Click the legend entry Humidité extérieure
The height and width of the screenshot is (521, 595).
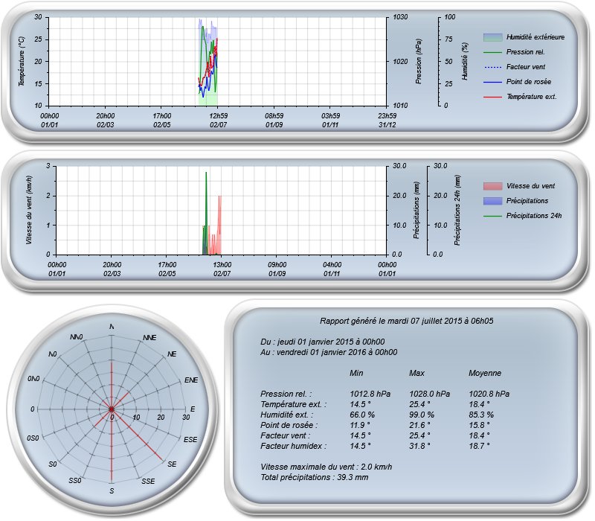coord(535,36)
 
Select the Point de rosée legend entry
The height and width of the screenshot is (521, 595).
coord(529,81)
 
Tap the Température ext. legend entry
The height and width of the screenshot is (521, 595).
coord(531,97)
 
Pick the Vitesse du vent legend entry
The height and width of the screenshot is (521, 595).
coord(530,186)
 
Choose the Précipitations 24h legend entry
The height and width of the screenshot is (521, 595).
coord(533,216)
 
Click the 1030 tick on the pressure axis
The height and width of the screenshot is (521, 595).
coord(401,16)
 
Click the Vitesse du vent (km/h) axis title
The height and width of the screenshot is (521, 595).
coord(29,210)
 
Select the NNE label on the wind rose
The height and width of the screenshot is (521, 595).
coord(149,338)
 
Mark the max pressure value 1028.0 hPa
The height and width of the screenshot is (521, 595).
coord(430,394)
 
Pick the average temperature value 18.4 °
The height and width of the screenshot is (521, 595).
coord(480,404)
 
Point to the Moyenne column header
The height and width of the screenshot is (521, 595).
coord(485,373)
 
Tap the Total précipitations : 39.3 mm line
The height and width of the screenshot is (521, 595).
coord(315,477)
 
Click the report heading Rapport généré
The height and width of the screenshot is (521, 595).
coord(407,321)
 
